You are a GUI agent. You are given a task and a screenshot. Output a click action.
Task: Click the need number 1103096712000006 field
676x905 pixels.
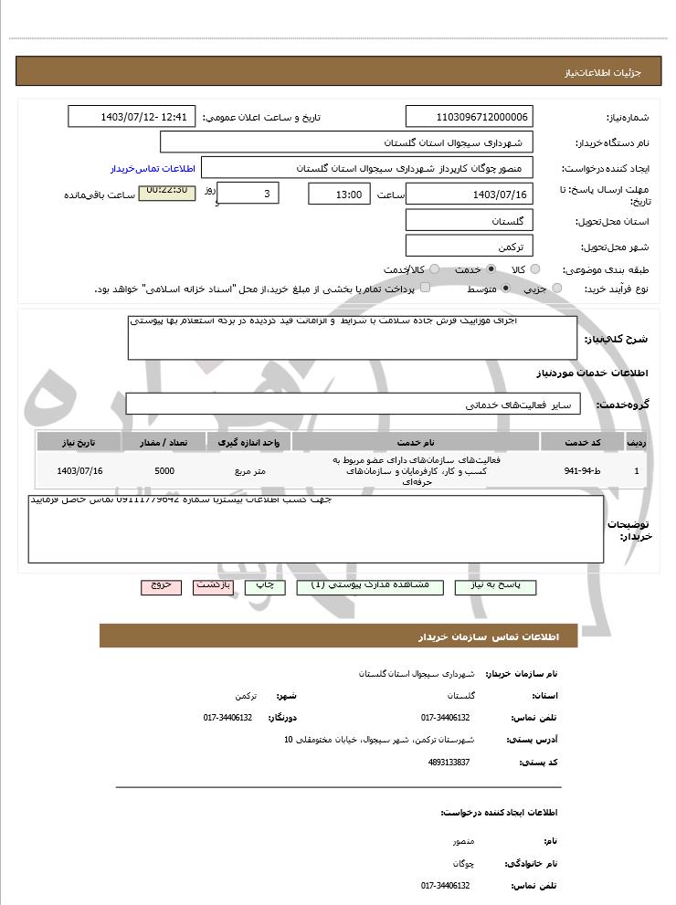tap(469, 117)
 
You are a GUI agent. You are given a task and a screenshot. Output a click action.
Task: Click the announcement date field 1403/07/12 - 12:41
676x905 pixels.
tap(132, 117)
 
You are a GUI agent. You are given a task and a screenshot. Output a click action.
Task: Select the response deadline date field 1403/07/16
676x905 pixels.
tap(469, 194)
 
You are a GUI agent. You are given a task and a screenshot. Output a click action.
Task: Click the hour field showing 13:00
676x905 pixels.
tap(339, 194)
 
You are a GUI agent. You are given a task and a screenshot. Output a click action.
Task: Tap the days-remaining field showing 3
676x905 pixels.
tap(249, 194)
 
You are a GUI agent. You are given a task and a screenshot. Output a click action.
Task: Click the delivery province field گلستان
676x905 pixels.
tap(469, 220)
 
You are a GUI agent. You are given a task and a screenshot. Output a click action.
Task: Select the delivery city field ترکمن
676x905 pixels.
tap(469, 246)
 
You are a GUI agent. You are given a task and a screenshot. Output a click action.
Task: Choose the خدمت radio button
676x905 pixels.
tap(491, 269)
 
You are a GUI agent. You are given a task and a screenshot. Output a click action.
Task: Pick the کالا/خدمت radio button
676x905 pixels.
tap(434, 269)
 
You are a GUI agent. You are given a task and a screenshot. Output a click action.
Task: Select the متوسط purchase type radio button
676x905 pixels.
tap(505, 289)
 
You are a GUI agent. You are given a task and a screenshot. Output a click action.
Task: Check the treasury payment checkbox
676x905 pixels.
tap(422, 289)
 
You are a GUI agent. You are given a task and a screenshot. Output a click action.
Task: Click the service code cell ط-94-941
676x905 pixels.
tap(583, 471)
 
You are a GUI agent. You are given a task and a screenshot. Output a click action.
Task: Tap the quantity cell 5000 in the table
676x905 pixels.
tap(164, 471)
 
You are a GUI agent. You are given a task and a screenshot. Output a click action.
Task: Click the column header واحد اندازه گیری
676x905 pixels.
tap(249, 442)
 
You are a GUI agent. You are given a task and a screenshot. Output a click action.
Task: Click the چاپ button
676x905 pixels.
tap(264, 586)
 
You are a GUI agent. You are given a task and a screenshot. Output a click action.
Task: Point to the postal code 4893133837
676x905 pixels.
tap(449, 762)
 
